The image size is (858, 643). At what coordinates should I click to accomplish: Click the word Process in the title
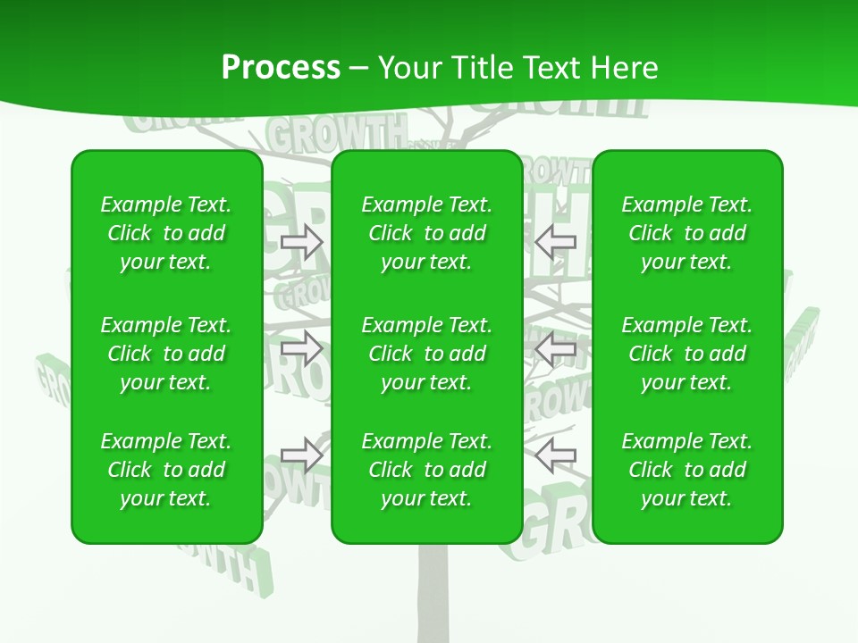click(x=281, y=68)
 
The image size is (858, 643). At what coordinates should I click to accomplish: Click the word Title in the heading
click(x=484, y=68)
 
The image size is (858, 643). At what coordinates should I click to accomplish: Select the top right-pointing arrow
click(x=301, y=241)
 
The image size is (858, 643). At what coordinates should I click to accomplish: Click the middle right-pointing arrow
click(x=301, y=348)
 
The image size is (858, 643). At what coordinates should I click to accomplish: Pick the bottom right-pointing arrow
click(x=301, y=455)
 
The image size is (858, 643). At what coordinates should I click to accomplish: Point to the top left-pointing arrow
click(x=555, y=241)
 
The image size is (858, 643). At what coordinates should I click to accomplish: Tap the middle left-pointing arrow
click(x=555, y=351)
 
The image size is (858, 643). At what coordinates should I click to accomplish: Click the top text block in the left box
click(x=166, y=233)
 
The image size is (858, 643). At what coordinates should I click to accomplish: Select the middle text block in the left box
click(x=166, y=354)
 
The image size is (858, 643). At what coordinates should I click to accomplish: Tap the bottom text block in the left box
click(x=166, y=470)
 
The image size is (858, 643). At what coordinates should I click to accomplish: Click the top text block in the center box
click(x=426, y=233)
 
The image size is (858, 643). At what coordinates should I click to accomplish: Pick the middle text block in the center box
click(x=426, y=354)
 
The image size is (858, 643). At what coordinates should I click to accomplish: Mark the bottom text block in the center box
click(x=426, y=470)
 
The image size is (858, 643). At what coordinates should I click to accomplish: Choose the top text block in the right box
click(x=686, y=233)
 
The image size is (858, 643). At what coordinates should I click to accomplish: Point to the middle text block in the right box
click(x=686, y=354)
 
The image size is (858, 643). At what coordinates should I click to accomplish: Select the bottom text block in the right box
click(x=686, y=470)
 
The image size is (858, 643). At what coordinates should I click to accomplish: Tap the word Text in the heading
click(x=554, y=68)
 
